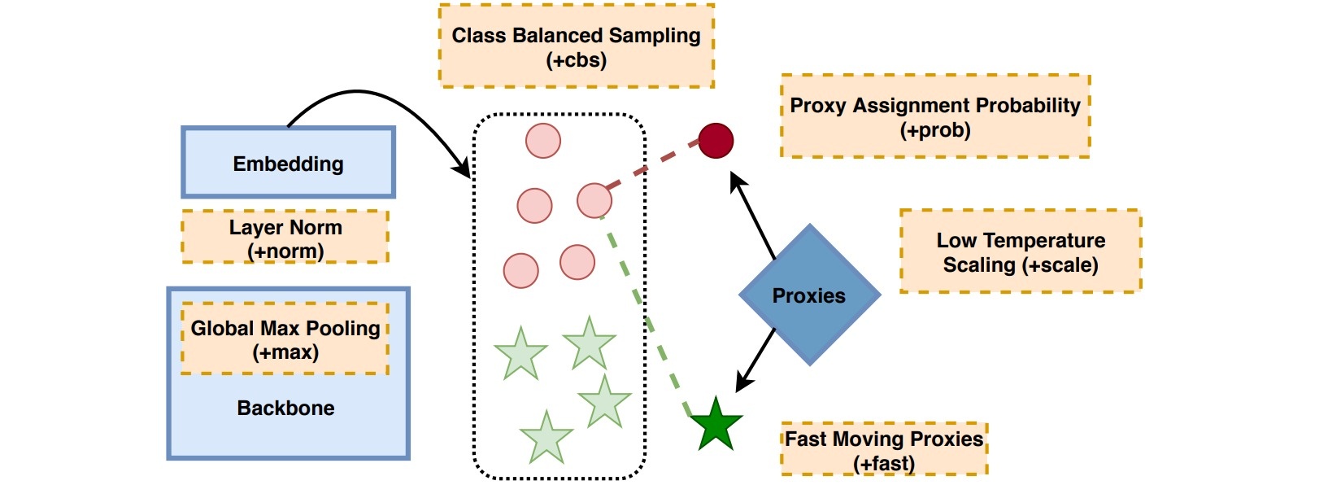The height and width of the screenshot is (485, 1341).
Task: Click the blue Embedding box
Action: point(288,162)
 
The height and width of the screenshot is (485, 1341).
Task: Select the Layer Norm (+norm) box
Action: point(285,237)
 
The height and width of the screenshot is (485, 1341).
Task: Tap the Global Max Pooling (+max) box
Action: point(285,339)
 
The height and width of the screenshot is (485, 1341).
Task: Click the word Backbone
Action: point(285,408)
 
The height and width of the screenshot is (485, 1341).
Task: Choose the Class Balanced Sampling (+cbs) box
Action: point(577,46)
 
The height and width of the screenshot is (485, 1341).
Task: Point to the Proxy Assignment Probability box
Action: point(935,116)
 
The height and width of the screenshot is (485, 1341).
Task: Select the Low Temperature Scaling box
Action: point(1021,251)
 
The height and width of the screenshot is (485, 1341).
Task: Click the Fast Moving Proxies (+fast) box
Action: point(884,449)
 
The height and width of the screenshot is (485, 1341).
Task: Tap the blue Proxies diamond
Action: point(809,295)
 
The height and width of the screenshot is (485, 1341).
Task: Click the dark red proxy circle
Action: point(716,141)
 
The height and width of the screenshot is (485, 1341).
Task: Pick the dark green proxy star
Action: point(716,425)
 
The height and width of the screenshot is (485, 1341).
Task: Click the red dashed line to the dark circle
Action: point(652,165)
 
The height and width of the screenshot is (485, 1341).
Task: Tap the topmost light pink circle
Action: point(543,141)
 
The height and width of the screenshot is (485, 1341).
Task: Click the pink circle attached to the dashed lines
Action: point(594,200)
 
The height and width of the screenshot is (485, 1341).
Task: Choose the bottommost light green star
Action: point(546,439)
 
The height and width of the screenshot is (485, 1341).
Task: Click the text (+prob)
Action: point(935,130)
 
